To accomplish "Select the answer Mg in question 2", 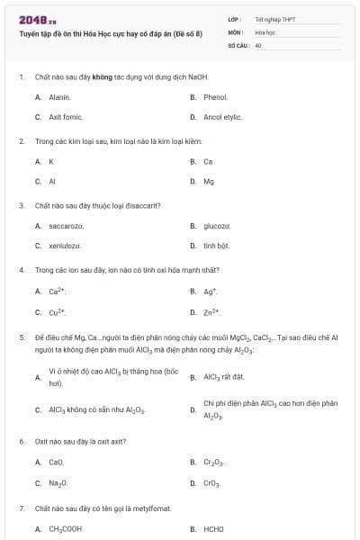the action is pyautogui.click(x=209, y=181).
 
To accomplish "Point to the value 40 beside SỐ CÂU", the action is pyautogui.click(x=258, y=44).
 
